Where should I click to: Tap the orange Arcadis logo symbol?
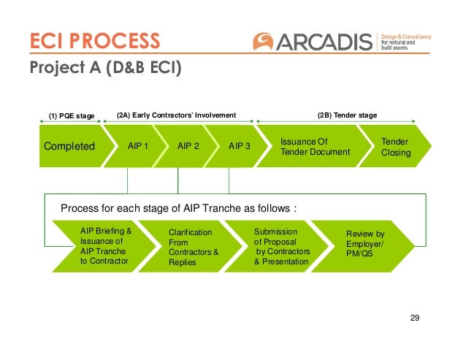[265, 42]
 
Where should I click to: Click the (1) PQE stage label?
[72, 115]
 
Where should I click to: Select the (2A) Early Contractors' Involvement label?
[177, 115]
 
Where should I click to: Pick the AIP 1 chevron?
[138, 146]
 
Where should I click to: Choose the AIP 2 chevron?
[188, 146]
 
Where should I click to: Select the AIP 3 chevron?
[239, 146]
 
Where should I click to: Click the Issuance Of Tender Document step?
[316, 146]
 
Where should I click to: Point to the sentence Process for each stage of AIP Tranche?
[178, 208]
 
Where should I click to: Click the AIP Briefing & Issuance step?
[105, 245]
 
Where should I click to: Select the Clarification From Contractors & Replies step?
[194, 247]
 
